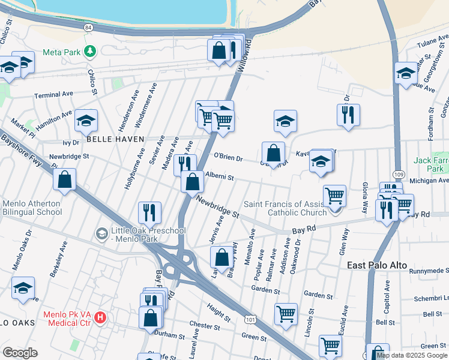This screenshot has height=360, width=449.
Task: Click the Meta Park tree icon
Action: tap(90, 52)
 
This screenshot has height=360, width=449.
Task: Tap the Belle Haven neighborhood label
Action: tap(115, 139)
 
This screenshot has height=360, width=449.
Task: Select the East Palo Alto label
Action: tap(377, 265)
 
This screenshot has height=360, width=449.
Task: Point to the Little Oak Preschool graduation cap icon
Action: tap(101, 232)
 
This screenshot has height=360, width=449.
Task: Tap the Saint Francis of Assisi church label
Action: tap(288, 208)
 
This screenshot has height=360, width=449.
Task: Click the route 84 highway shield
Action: tap(89, 28)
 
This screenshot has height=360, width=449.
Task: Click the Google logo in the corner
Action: tap(20, 353)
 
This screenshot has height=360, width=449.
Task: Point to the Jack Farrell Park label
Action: tap(431, 164)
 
